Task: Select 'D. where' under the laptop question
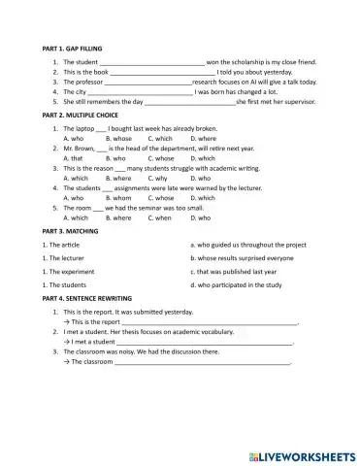point(204,138)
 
